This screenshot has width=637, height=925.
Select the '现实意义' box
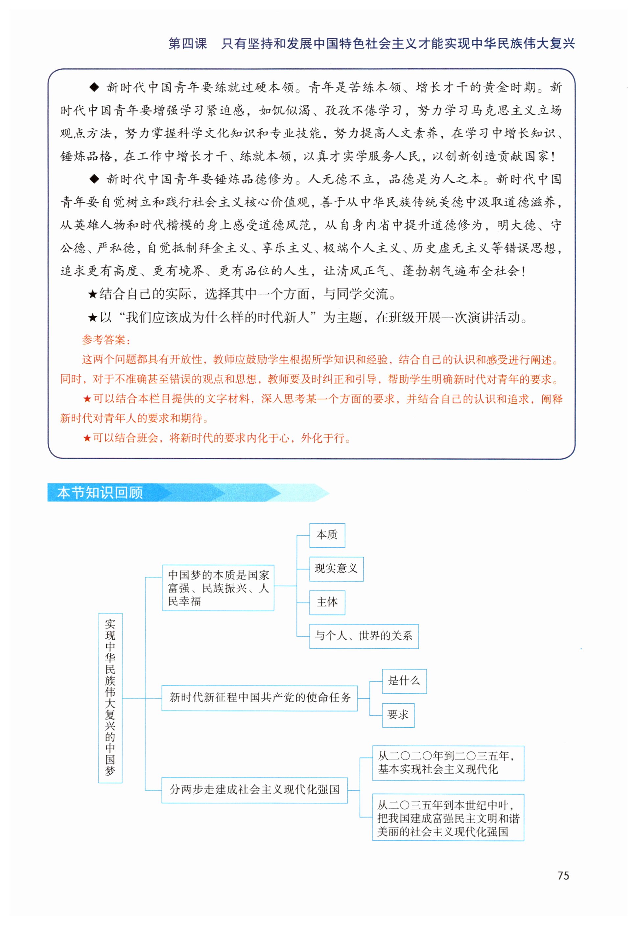click(x=336, y=569)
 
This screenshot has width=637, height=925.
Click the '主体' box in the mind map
click(x=327, y=602)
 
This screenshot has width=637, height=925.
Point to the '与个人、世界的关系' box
click(x=364, y=636)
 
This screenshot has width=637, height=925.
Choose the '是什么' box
click(x=404, y=681)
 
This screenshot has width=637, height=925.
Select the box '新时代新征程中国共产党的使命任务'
click(x=259, y=698)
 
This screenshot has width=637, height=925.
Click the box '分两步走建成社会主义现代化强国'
click(x=254, y=790)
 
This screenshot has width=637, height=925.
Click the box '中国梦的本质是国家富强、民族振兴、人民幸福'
click(x=218, y=588)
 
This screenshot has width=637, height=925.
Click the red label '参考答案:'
click(x=106, y=340)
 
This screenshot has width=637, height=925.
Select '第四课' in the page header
click(x=188, y=43)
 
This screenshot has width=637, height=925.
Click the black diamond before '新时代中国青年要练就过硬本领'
click(x=94, y=87)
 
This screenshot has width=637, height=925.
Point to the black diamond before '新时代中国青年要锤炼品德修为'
click(x=94, y=179)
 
